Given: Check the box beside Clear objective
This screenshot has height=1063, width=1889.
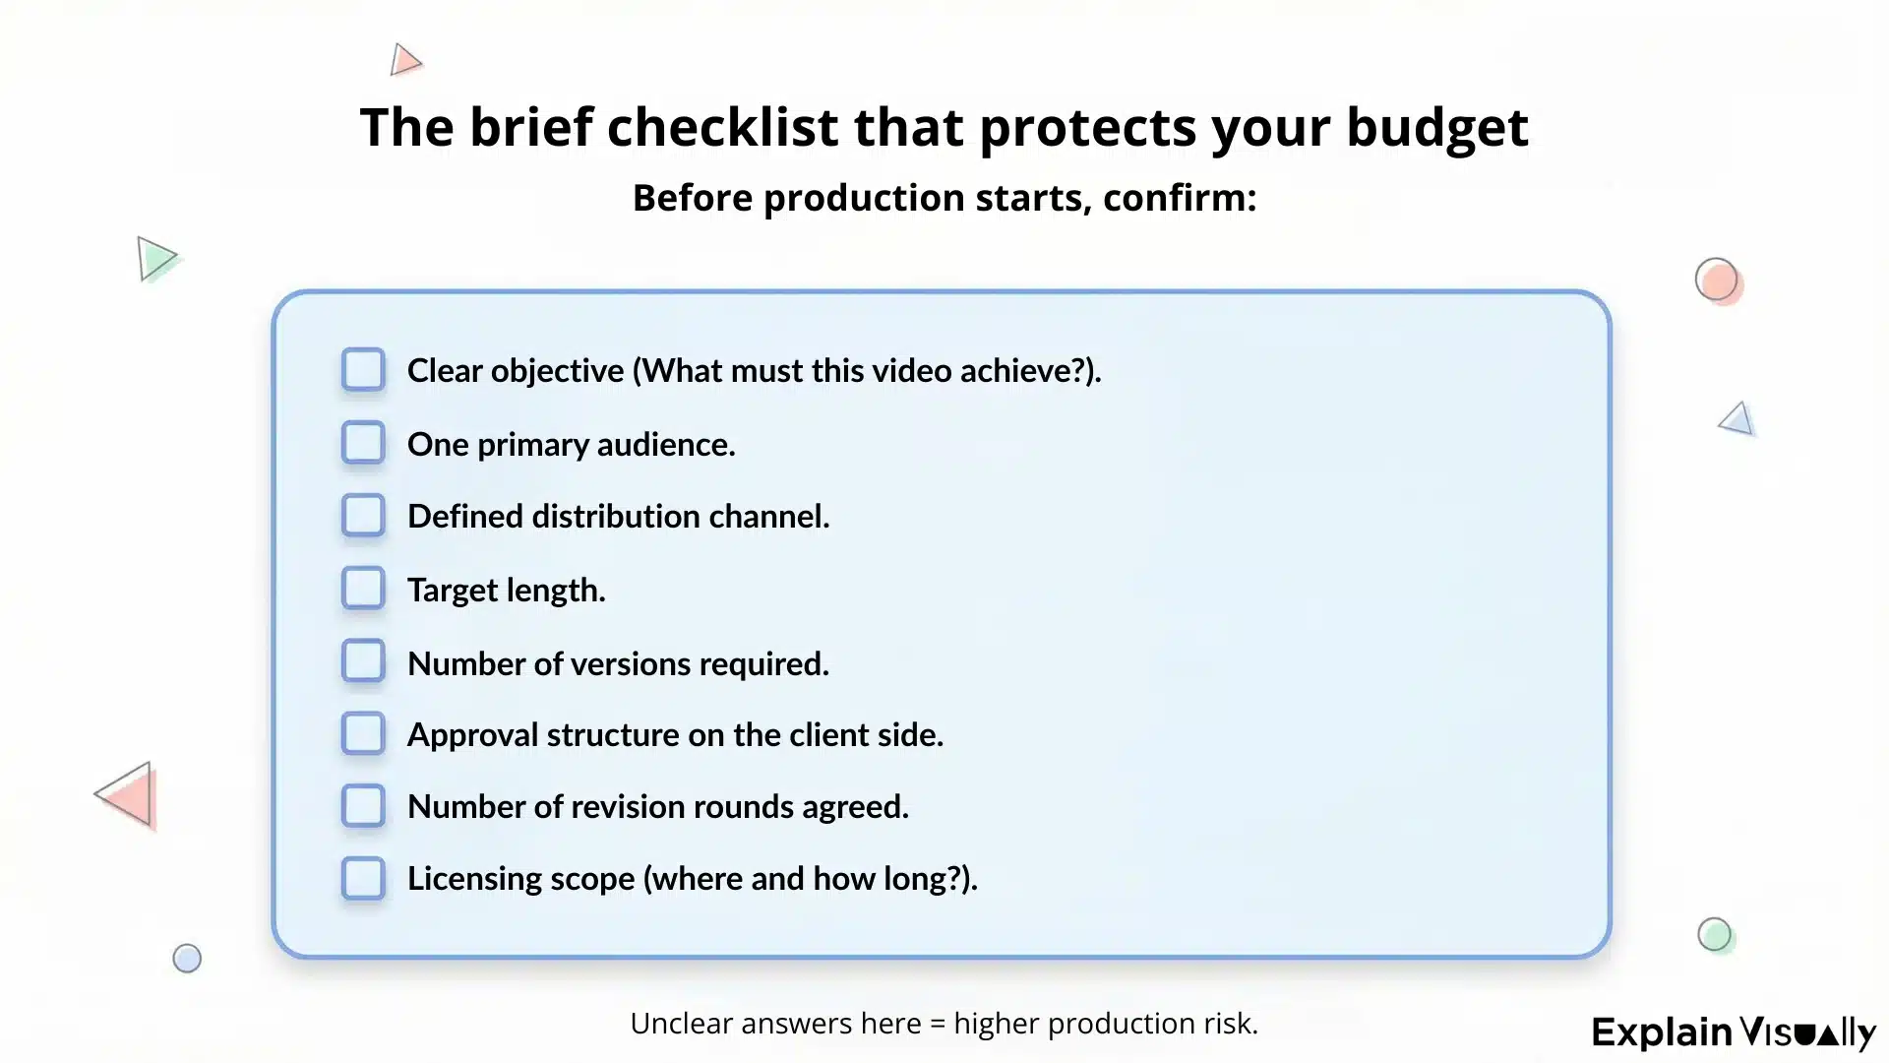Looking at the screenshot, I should pyautogui.click(x=363, y=370).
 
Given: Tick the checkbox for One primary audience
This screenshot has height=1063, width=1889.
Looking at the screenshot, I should pyautogui.click(x=363, y=443).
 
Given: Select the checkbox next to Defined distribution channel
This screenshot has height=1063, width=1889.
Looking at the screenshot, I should pyautogui.click(x=363, y=516).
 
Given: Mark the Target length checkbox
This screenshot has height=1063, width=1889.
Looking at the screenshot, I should pyautogui.click(x=363, y=589).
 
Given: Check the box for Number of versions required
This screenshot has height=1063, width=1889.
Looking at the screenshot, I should pyautogui.click(x=363, y=661).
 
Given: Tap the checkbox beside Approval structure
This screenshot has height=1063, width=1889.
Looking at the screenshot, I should pyautogui.click(x=363, y=734).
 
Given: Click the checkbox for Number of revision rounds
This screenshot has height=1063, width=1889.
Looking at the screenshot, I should pyautogui.click(x=363, y=806).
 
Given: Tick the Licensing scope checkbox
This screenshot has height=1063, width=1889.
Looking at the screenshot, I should pyautogui.click(x=363, y=878).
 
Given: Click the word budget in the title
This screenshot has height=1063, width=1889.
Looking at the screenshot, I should pyautogui.click(x=1436, y=128).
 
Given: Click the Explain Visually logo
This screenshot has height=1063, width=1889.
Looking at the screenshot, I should pyautogui.click(x=1734, y=1032).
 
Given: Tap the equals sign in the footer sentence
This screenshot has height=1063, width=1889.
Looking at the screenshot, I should pyautogui.click(x=937, y=1024).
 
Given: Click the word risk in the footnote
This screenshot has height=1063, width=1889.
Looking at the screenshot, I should pyautogui.click(x=1230, y=1024).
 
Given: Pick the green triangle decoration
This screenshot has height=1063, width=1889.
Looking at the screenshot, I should pyautogui.click(x=154, y=259).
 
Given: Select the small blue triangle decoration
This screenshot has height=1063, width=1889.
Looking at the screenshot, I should pyautogui.click(x=1737, y=419).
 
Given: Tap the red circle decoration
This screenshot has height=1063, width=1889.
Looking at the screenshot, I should pyautogui.click(x=1717, y=281).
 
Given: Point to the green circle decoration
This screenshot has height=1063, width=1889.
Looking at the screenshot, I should pyautogui.click(x=1714, y=934).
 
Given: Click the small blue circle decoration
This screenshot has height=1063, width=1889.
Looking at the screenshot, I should pyautogui.click(x=187, y=959).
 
